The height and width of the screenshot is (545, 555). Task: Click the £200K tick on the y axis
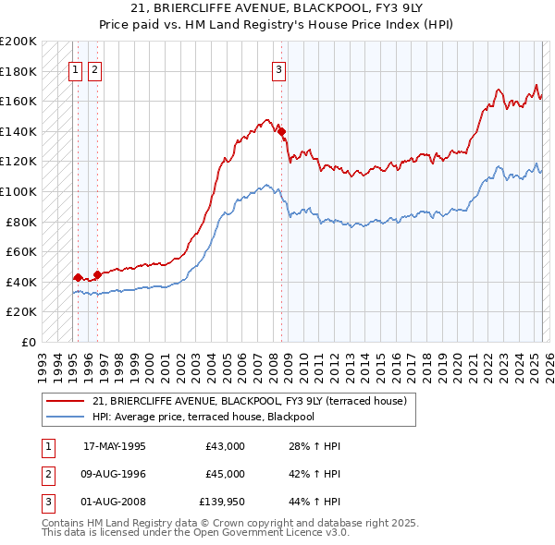click(x=18, y=41)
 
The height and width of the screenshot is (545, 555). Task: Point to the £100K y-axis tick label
click(x=18, y=191)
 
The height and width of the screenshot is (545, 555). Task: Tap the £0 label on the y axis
click(x=28, y=342)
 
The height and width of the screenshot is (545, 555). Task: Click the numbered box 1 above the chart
click(x=74, y=67)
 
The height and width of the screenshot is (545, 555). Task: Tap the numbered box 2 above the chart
click(x=94, y=67)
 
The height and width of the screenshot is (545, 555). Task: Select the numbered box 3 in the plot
click(x=279, y=67)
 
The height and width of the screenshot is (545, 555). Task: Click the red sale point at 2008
click(x=281, y=131)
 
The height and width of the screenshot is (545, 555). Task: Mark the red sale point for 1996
click(x=97, y=274)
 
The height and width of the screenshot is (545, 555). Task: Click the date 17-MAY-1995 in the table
click(x=115, y=446)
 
